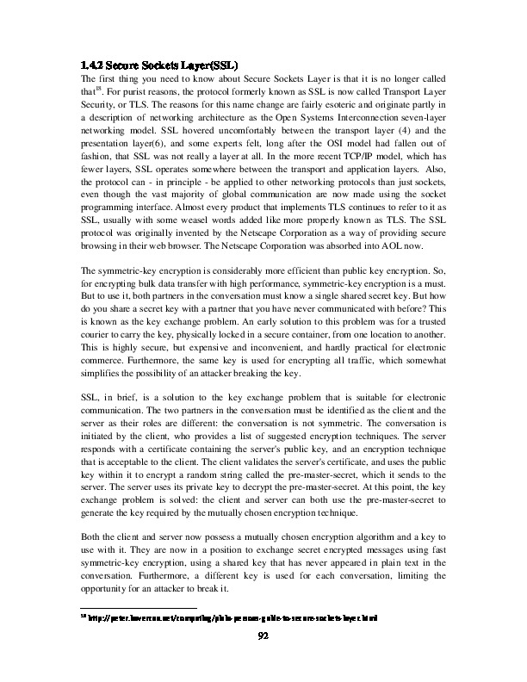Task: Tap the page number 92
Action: [x=264, y=635]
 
